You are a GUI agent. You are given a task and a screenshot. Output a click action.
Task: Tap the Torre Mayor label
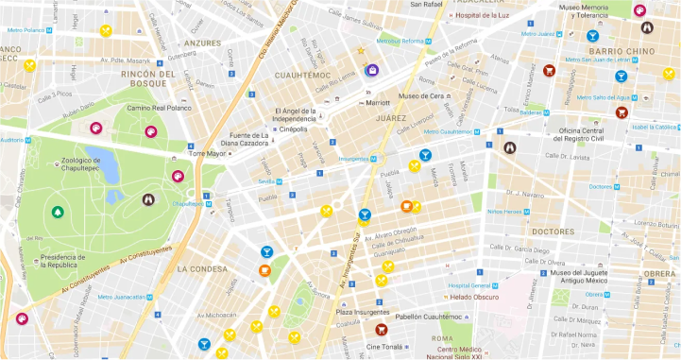[x=209, y=152]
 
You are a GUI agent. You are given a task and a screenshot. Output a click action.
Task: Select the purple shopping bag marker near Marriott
[x=372, y=68]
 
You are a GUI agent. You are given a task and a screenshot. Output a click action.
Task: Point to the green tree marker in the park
[x=58, y=211]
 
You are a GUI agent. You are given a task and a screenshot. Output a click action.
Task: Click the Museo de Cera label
[x=421, y=96]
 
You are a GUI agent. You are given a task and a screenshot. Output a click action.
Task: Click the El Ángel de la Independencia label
[x=294, y=114]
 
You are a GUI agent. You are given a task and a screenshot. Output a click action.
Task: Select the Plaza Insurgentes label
[x=357, y=311]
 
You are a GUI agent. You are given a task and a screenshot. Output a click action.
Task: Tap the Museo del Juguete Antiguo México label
[x=577, y=279]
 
